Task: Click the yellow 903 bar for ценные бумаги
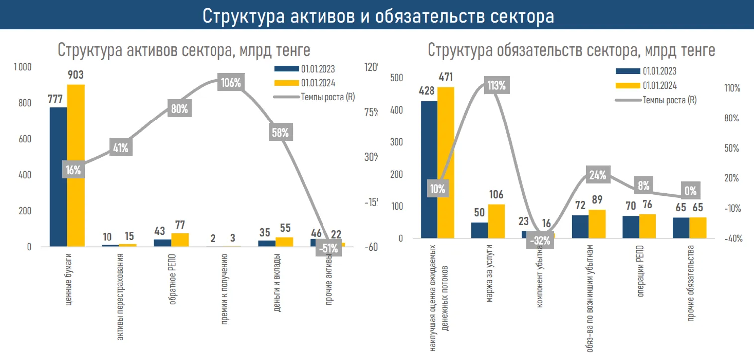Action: coord(76,165)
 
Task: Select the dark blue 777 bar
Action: coord(58,177)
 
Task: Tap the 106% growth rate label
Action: coord(231,82)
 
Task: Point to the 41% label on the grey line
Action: coord(121,147)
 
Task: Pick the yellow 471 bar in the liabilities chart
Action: coord(446,162)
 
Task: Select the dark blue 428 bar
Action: coord(429,169)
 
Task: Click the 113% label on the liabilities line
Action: coord(496,85)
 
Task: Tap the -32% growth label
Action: coord(540,241)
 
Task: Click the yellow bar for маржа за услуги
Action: coord(496,221)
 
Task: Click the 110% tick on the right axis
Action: coord(733,88)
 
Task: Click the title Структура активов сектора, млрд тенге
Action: coord(184,50)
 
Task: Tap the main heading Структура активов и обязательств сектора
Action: coord(378,16)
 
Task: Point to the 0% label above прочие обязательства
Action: coord(690,190)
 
